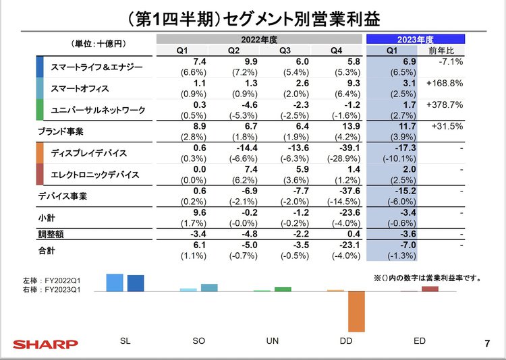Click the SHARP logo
(x=44, y=344)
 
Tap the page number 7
(x=487, y=344)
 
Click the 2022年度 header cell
(x=260, y=39)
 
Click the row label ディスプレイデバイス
(x=88, y=153)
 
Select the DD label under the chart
(x=346, y=341)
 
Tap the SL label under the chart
(x=125, y=341)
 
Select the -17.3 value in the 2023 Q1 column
(x=392, y=148)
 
